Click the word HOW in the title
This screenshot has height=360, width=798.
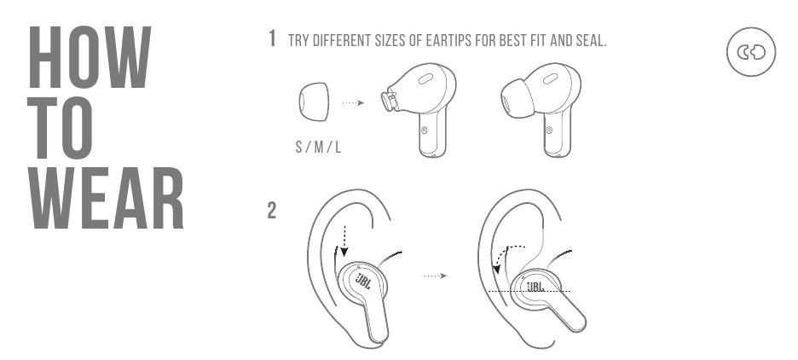[90, 57]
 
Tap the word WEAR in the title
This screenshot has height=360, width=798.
[107, 198]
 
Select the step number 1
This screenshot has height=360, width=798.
[273, 38]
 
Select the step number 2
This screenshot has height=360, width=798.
[272, 211]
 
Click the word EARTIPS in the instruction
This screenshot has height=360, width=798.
[448, 40]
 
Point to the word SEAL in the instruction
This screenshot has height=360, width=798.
[591, 40]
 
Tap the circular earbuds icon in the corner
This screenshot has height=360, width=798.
[751, 52]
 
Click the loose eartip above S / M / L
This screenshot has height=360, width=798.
[313, 102]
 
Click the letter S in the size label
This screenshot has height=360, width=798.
[298, 148]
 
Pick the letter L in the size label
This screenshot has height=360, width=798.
[338, 148]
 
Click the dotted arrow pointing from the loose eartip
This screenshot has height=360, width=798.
[353, 103]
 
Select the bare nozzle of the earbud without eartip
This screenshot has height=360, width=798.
[389, 99]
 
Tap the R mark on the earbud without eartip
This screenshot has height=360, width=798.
[425, 131]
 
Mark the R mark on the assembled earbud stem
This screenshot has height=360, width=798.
[549, 131]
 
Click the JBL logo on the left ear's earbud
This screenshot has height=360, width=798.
[362, 281]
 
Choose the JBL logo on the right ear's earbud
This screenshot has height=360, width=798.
[535, 287]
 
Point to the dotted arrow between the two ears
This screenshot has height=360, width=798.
[436, 276]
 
